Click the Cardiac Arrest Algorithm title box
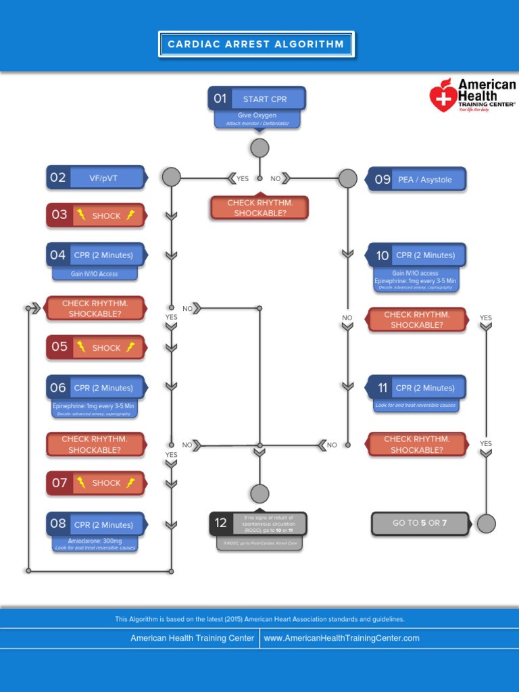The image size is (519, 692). tap(255, 45)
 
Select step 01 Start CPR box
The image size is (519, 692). tap(257, 99)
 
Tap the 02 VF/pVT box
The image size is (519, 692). tap(95, 178)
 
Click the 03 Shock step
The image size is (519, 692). tap(95, 215)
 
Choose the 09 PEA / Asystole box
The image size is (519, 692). tap(416, 180)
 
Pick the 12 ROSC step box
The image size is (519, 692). tap(257, 523)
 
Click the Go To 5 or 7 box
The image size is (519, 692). tap(420, 523)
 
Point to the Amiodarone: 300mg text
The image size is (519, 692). tap(95, 541)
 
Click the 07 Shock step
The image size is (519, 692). tap(95, 483)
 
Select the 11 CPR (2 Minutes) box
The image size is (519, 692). tap(416, 388)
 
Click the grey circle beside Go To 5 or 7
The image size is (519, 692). tap(486, 523)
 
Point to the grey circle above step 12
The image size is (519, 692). tap(259, 493)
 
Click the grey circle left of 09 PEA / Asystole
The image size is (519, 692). tap(347, 178)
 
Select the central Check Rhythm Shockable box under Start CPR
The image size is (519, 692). tap(260, 207)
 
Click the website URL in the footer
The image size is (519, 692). tap(341, 638)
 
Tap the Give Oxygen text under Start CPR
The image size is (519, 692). tap(257, 116)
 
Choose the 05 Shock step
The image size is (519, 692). tap(95, 347)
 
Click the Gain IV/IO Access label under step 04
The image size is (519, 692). tap(95, 274)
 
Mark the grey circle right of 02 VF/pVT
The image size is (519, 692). tap(172, 177)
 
